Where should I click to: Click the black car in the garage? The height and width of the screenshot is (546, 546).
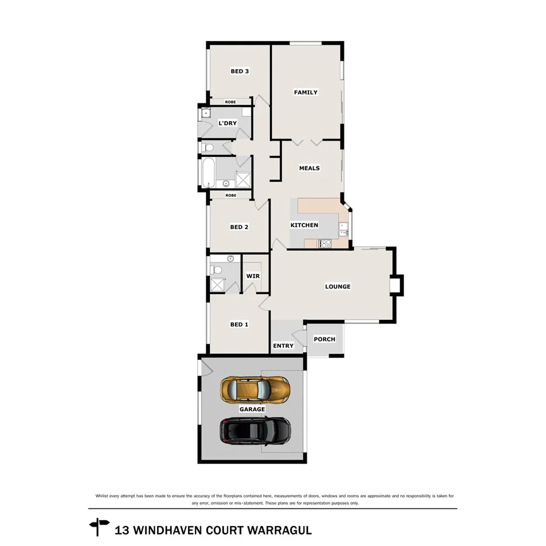coord(255,431)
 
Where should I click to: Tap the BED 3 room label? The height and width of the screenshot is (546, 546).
coord(240,71)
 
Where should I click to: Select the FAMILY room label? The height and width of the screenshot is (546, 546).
coord(305,92)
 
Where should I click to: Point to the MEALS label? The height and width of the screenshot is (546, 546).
coord(309,168)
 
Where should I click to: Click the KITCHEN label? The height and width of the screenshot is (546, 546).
coord(305,225)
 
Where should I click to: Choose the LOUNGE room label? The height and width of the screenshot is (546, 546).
coord(338,286)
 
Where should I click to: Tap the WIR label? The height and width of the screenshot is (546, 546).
coord(252,276)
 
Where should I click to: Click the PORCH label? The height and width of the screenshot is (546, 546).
coord(325,339)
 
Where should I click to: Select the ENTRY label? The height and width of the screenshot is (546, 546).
coord(284,346)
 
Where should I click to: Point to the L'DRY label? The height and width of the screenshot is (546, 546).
coord(227,123)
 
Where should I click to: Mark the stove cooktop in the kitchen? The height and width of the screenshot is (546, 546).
coord(325,244)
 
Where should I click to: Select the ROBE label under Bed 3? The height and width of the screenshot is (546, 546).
coord(230,102)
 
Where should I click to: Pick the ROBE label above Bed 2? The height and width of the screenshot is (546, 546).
coord(231,195)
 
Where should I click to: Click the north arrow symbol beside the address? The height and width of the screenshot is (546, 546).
coord(99,527)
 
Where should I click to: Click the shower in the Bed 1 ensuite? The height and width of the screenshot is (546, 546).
coord(218,285)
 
